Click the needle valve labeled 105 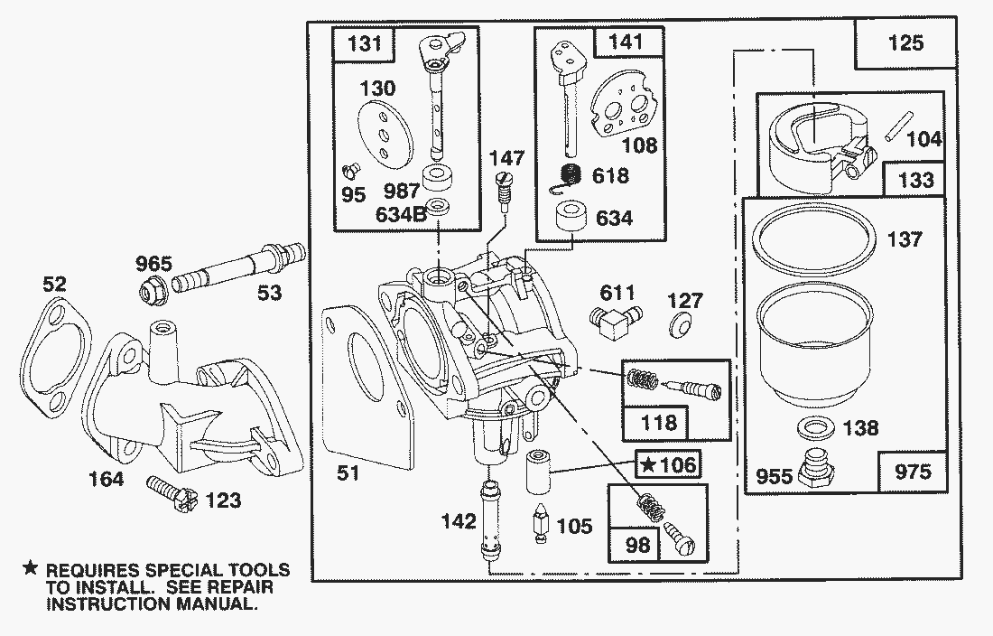541,521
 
